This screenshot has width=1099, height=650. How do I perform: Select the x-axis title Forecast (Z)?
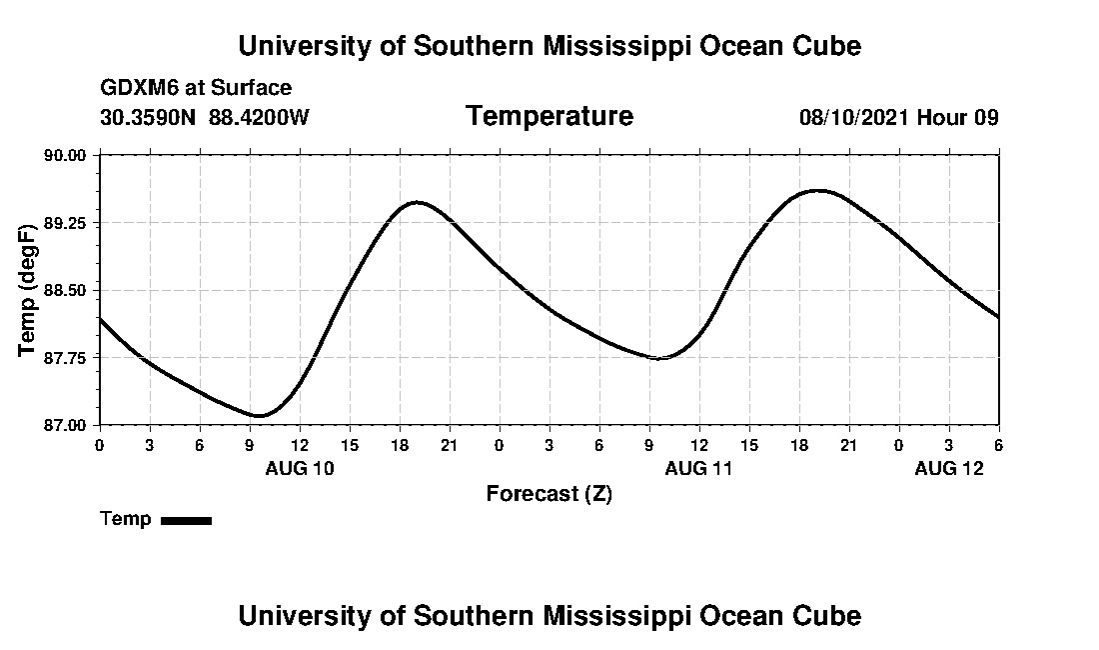[x=549, y=493]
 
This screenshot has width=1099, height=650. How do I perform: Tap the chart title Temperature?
[x=549, y=116]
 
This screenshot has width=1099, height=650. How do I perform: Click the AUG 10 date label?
[x=300, y=468]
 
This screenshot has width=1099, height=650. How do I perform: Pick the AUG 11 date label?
[x=699, y=468]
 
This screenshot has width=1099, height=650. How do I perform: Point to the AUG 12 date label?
[x=949, y=468]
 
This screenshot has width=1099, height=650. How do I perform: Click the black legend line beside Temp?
[x=187, y=520]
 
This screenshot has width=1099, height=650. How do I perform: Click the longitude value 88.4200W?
[x=259, y=117]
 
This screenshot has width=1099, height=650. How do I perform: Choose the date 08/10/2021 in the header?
[x=854, y=117]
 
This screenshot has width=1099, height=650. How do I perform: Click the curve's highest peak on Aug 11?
[x=818, y=189]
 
